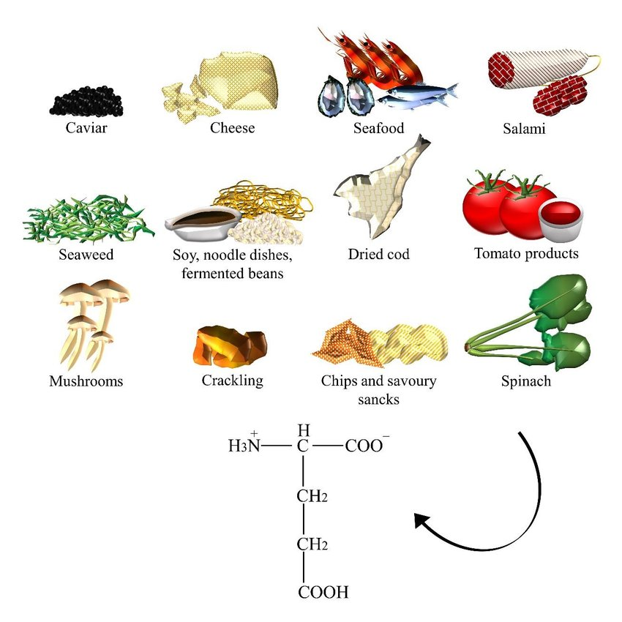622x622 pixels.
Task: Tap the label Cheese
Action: click(x=232, y=128)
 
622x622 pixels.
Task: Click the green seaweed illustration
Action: click(x=88, y=219)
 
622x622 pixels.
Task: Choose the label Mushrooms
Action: click(x=86, y=381)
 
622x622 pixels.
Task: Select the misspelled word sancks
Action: click(x=378, y=400)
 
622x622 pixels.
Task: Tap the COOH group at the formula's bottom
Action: click(x=323, y=592)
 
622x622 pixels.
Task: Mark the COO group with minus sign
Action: click(x=367, y=445)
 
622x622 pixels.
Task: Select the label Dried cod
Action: click(x=378, y=255)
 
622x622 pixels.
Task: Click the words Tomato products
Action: click(x=526, y=254)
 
